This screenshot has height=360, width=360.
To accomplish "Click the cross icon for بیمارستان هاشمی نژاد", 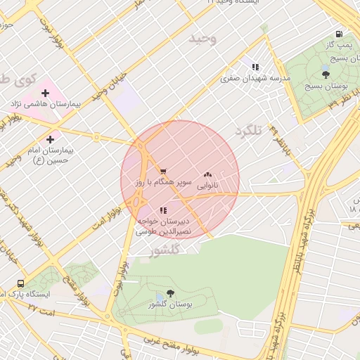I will pos(46,93).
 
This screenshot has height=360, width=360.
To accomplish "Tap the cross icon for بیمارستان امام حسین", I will pos(50,140).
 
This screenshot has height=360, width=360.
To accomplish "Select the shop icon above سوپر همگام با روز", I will pos(163,172).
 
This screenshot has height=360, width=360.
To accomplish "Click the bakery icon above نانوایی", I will pos(207,174).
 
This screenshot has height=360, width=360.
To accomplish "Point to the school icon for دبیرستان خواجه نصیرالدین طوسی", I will pos(163,210).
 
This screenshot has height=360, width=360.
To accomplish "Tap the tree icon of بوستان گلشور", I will pos(170,294).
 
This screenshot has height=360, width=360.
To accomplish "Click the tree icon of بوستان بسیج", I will pos(324,74).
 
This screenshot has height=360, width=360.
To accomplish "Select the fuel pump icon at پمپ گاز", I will pos(340,34).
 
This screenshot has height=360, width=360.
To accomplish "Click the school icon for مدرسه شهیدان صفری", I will pos(255,67).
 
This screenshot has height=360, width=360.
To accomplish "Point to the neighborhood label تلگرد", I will pos(249,131).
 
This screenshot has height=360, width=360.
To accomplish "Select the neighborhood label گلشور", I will pos(166,250).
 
